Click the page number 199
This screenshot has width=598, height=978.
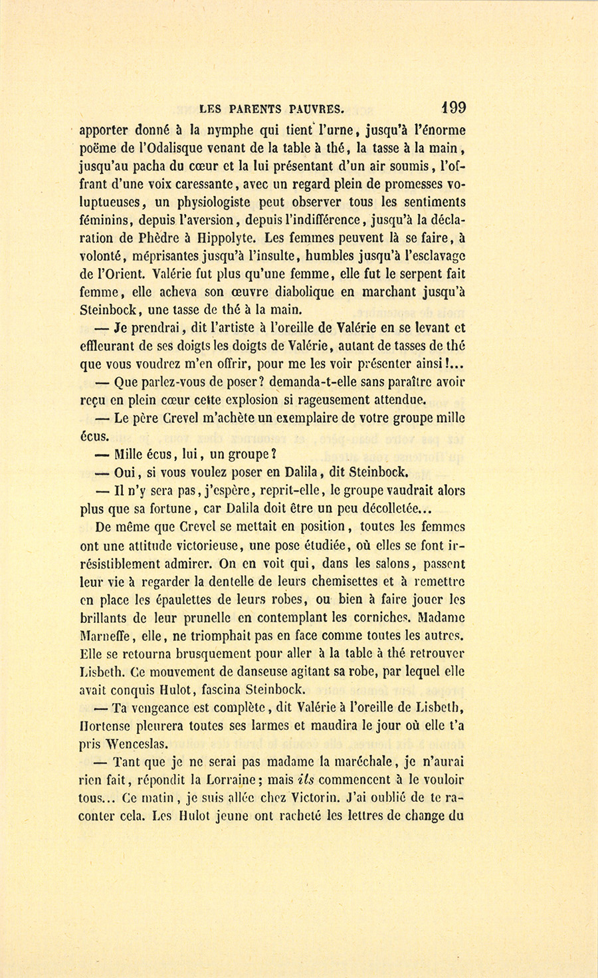(x=452, y=108)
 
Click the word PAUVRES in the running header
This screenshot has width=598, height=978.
(x=312, y=109)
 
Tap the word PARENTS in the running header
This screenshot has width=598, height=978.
(x=256, y=109)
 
